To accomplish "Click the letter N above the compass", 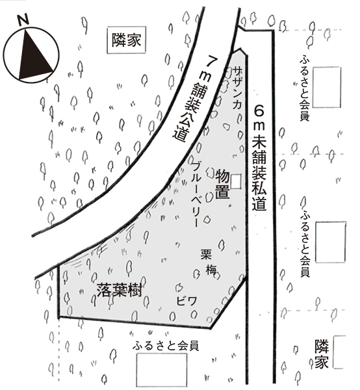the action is pos(24,20).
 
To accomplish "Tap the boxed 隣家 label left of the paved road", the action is pos(126,40).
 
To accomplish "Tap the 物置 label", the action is pos(222,183).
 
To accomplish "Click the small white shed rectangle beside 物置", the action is pos(236,181).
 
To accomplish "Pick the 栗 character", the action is pos(206,254).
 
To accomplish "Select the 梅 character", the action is pos(211,270).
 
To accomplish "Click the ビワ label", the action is pos(186,301).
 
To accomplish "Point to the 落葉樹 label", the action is pos(120,290).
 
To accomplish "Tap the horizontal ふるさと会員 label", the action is pos(166,346).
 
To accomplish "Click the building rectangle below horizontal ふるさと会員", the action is pos(162,370).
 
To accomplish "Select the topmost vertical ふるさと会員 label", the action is pos(305,88).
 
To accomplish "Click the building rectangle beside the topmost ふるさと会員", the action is pos(326,87).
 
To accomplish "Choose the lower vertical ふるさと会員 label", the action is pos(305,244).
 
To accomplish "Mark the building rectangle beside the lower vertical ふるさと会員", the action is pos(331,242).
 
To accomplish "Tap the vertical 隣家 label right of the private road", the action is pos(322,354).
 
